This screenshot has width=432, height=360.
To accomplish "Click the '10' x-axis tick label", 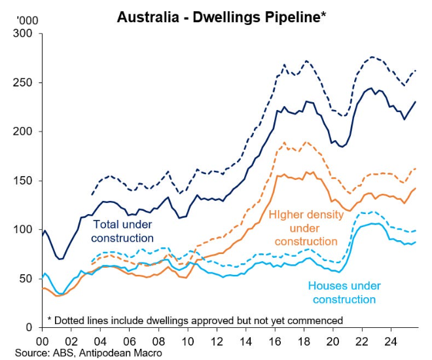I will [x=188, y=340].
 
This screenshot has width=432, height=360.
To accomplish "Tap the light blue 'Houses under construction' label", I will [x=344, y=293].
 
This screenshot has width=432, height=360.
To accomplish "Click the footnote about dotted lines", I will [x=195, y=320].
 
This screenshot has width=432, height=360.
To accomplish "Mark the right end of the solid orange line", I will [x=416, y=189].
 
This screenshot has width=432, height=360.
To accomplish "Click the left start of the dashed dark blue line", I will [x=91, y=195].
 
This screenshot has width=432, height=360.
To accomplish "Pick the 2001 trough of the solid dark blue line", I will [x=60, y=259].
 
